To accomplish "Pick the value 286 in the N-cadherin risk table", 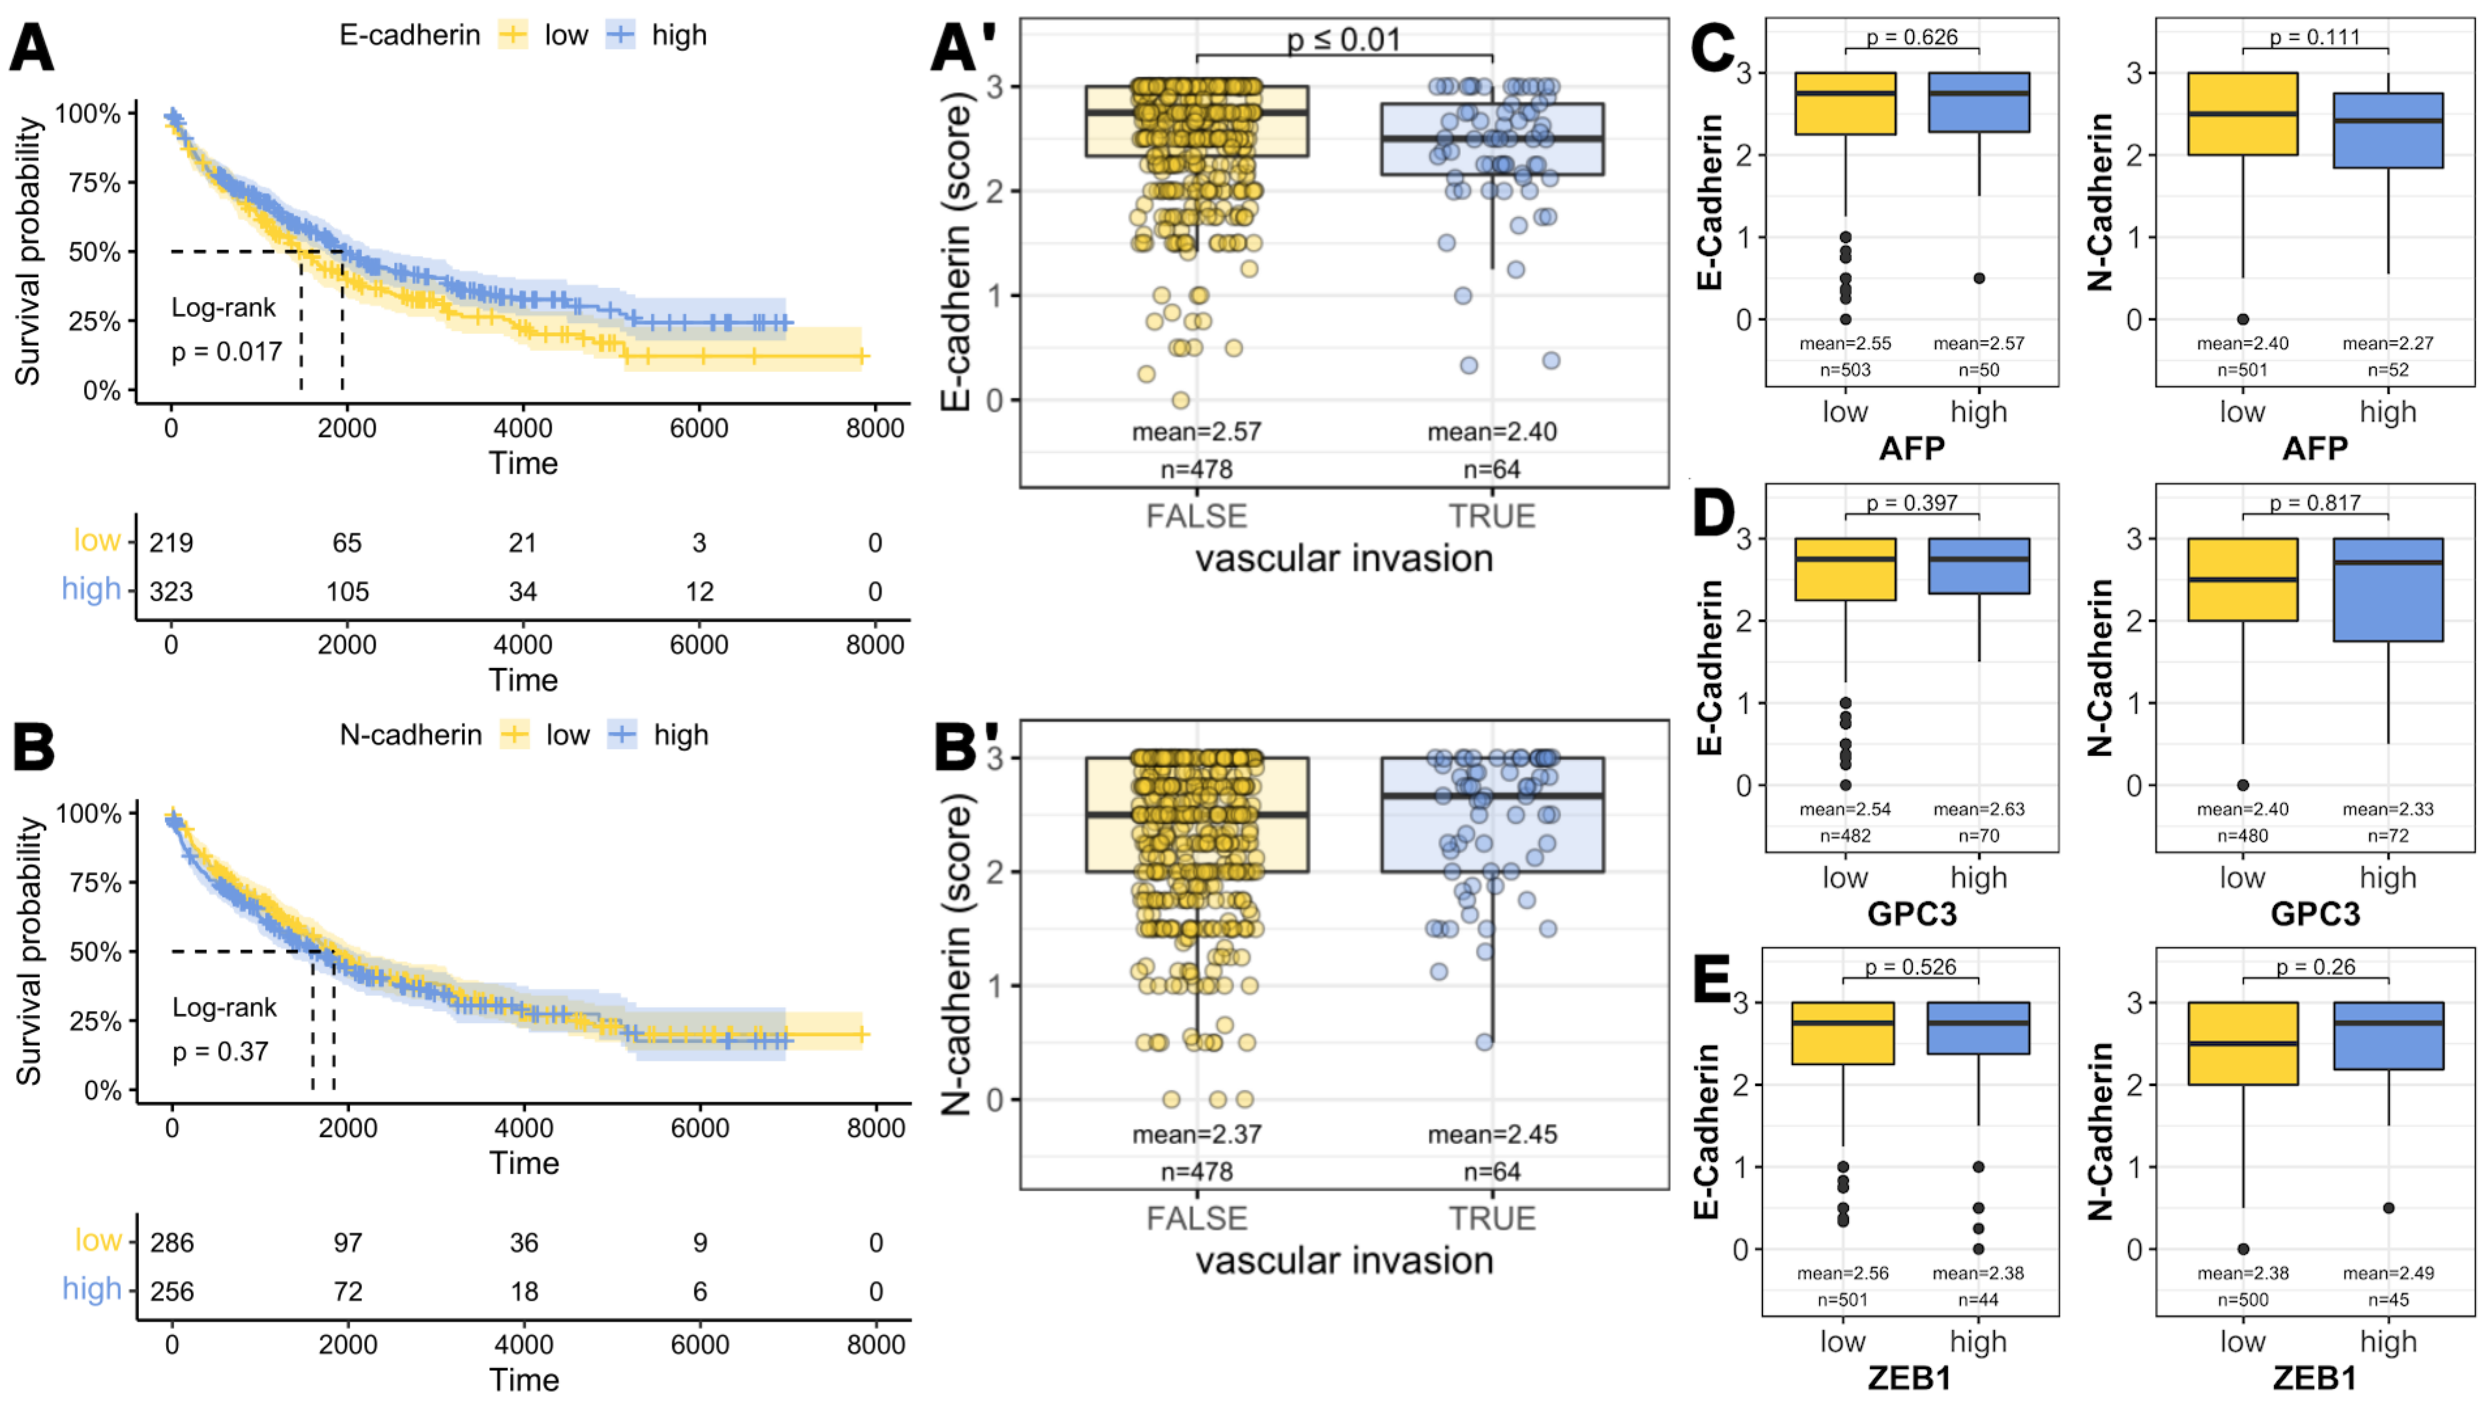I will point(172,1243).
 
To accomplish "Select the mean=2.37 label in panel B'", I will point(1197,1134).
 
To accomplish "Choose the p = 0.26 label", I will point(2315,967).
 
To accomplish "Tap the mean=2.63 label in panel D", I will point(1979,809).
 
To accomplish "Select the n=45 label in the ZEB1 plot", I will point(2388,1300).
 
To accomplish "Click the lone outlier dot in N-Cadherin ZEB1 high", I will point(2388,1208).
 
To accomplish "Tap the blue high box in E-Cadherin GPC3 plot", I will point(1979,566).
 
